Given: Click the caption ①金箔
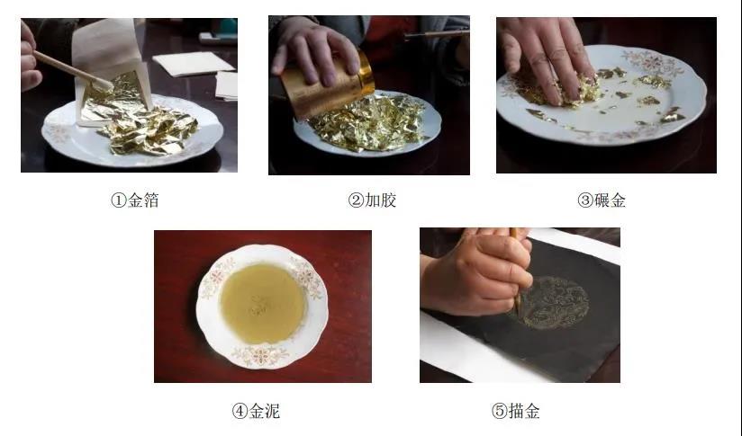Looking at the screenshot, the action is click(x=135, y=200).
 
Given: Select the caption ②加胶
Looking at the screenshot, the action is click(x=372, y=200).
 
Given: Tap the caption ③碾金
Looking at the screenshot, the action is click(x=602, y=200).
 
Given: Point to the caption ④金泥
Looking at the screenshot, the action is click(x=256, y=411).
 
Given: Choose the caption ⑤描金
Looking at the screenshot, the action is click(x=515, y=411).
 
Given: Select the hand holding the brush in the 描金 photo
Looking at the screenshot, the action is click(x=478, y=271).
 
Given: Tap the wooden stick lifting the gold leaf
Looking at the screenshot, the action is click(x=72, y=71).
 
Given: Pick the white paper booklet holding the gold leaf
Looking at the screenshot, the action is click(x=111, y=76).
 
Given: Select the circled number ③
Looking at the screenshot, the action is click(x=585, y=200).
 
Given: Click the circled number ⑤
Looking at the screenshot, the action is click(x=499, y=411).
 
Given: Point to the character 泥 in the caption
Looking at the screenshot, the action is click(x=273, y=411).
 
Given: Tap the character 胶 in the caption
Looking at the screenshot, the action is click(x=388, y=200).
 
